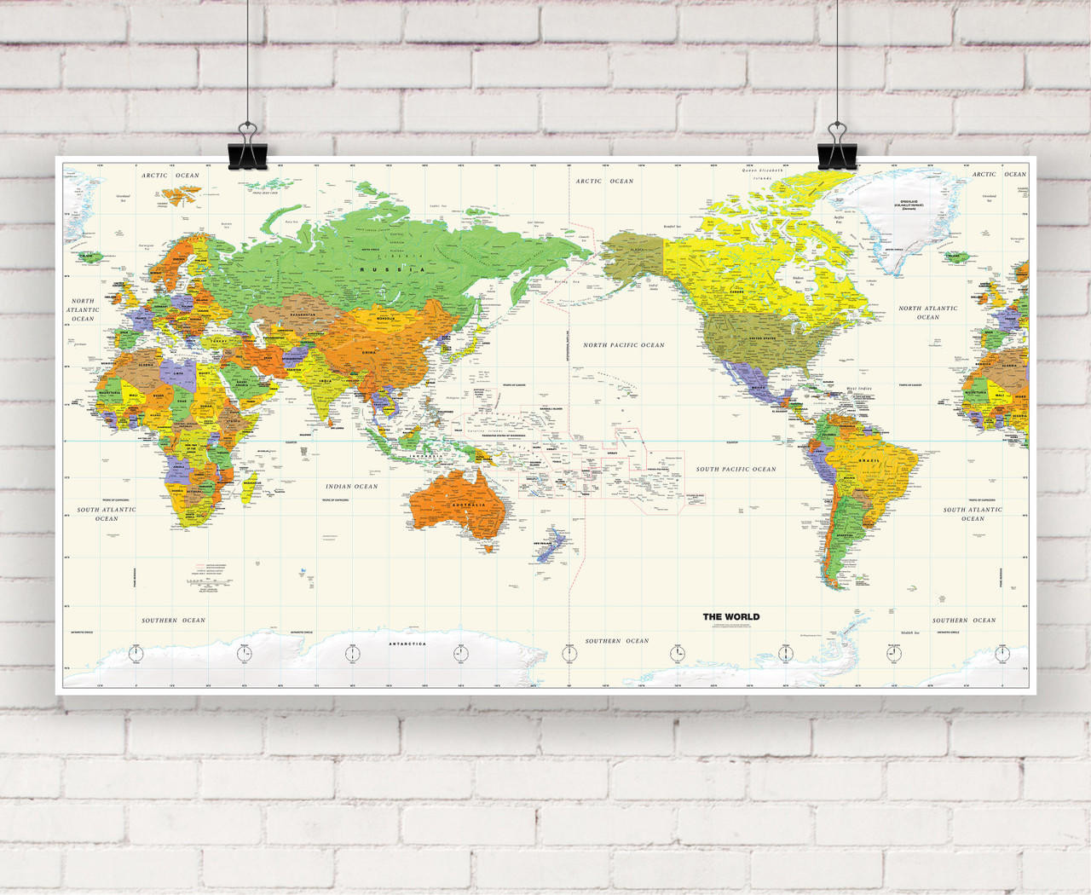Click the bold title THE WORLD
point(730,616)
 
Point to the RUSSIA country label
point(391,269)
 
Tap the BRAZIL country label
point(869,460)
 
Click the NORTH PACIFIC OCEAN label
point(623,345)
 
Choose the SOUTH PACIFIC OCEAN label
point(736,469)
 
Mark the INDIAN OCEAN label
point(351,487)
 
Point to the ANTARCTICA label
point(407,644)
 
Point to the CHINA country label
point(369,352)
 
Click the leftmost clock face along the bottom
point(136,654)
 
